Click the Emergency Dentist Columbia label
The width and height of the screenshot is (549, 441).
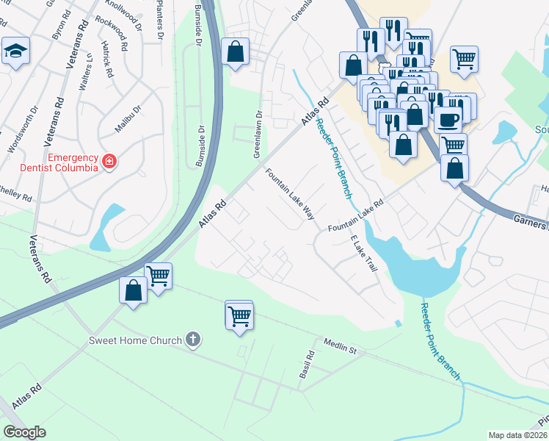73,162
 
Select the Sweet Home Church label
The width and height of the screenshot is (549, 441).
134,340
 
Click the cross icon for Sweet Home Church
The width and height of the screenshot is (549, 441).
192,340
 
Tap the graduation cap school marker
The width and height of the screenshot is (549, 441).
15,51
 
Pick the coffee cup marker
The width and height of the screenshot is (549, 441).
448,118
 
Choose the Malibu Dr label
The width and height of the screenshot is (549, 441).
127,119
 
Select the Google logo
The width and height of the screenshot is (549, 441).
24,432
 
